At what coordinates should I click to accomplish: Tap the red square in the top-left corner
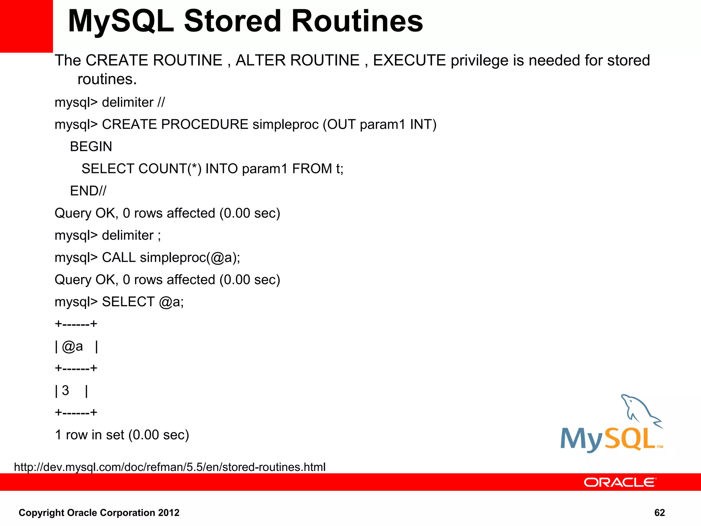tap(26, 26)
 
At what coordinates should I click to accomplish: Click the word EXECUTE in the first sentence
tap(409, 61)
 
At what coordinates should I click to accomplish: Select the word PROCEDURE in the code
tap(204, 125)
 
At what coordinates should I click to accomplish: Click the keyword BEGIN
tap(91, 147)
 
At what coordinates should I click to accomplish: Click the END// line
tap(88, 191)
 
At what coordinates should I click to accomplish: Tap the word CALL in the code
tap(118, 258)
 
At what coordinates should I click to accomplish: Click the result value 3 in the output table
tap(65, 391)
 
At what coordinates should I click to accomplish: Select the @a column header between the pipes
tap(72, 347)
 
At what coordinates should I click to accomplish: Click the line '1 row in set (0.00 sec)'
tap(122, 435)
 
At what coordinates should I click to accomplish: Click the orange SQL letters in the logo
tap(630, 439)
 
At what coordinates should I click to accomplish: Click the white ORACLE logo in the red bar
tap(620, 483)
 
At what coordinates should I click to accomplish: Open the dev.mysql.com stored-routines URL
tap(170, 467)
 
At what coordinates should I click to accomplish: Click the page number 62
tap(659, 513)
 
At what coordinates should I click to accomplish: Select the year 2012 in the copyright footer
tap(168, 513)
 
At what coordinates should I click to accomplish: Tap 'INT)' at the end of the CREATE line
tap(423, 125)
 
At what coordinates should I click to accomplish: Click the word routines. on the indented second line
tap(107, 79)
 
